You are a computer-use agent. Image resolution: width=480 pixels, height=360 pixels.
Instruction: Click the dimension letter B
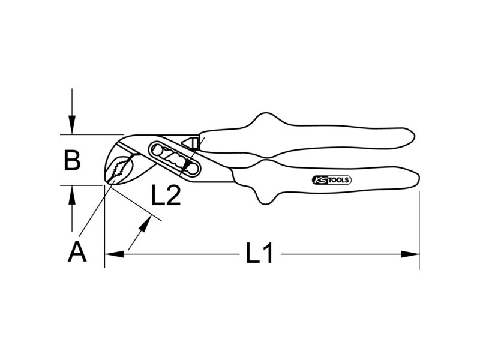[x=72, y=160]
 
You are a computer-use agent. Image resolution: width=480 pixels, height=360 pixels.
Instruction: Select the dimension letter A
[x=77, y=251]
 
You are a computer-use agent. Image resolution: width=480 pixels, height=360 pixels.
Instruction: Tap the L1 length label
[x=259, y=253]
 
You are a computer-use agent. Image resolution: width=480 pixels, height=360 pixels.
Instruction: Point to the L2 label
[x=166, y=196]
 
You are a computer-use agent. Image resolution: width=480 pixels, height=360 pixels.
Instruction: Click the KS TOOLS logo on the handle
[x=332, y=180]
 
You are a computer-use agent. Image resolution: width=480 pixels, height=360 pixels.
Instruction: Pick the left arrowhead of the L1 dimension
[x=114, y=254]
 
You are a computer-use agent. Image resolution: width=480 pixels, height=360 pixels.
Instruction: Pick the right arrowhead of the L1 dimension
[x=410, y=254]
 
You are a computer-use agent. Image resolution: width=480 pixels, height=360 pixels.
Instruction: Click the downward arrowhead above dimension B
[x=72, y=125]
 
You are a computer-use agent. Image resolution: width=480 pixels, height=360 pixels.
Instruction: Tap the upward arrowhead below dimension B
[x=72, y=194]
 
